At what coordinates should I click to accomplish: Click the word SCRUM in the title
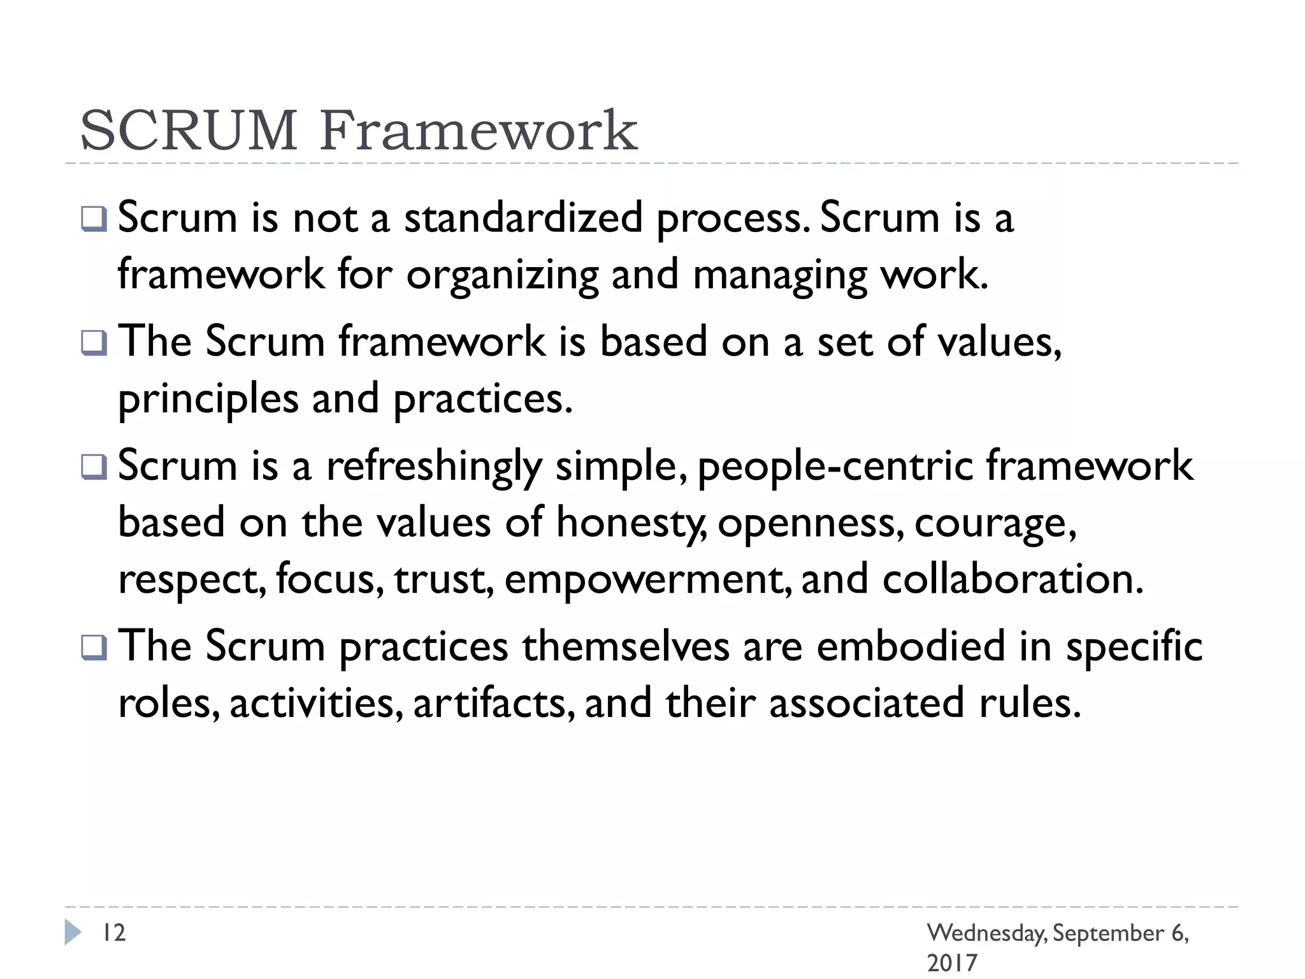click(x=189, y=131)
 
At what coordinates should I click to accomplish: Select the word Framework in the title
click(x=479, y=131)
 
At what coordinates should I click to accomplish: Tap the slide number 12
click(x=115, y=932)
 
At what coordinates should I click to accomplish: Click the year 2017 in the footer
click(x=951, y=962)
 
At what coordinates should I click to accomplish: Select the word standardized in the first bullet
click(x=523, y=218)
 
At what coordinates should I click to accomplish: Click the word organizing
click(x=502, y=275)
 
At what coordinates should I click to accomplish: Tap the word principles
click(x=208, y=400)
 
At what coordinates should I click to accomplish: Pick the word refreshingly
click(x=434, y=466)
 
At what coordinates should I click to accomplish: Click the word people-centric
click(x=835, y=466)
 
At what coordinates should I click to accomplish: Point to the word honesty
click(x=630, y=523)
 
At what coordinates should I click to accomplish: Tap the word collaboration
click(x=1013, y=579)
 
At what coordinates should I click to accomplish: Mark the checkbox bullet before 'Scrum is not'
click(x=94, y=219)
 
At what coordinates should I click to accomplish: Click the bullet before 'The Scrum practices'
click(x=94, y=648)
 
